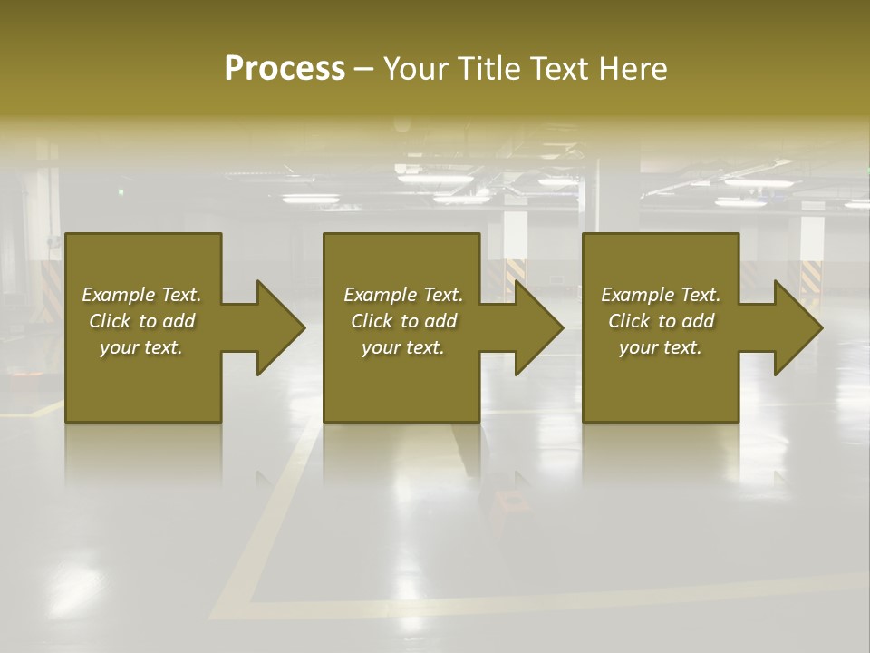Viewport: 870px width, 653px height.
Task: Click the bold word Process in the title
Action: [285, 69]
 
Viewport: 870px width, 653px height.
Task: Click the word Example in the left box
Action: [119, 295]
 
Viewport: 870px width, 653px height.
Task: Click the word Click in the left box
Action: [110, 321]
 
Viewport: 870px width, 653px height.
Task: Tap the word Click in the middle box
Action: [372, 321]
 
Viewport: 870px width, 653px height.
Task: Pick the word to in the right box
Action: [668, 321]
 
